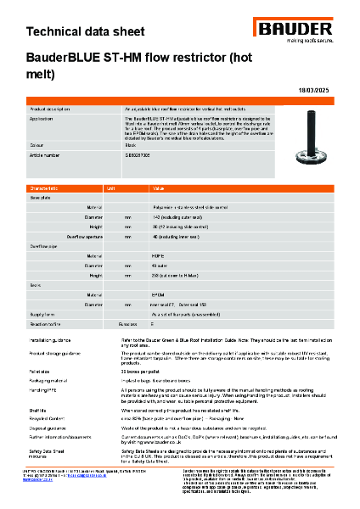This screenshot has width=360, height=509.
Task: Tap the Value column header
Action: click(158, 187)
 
